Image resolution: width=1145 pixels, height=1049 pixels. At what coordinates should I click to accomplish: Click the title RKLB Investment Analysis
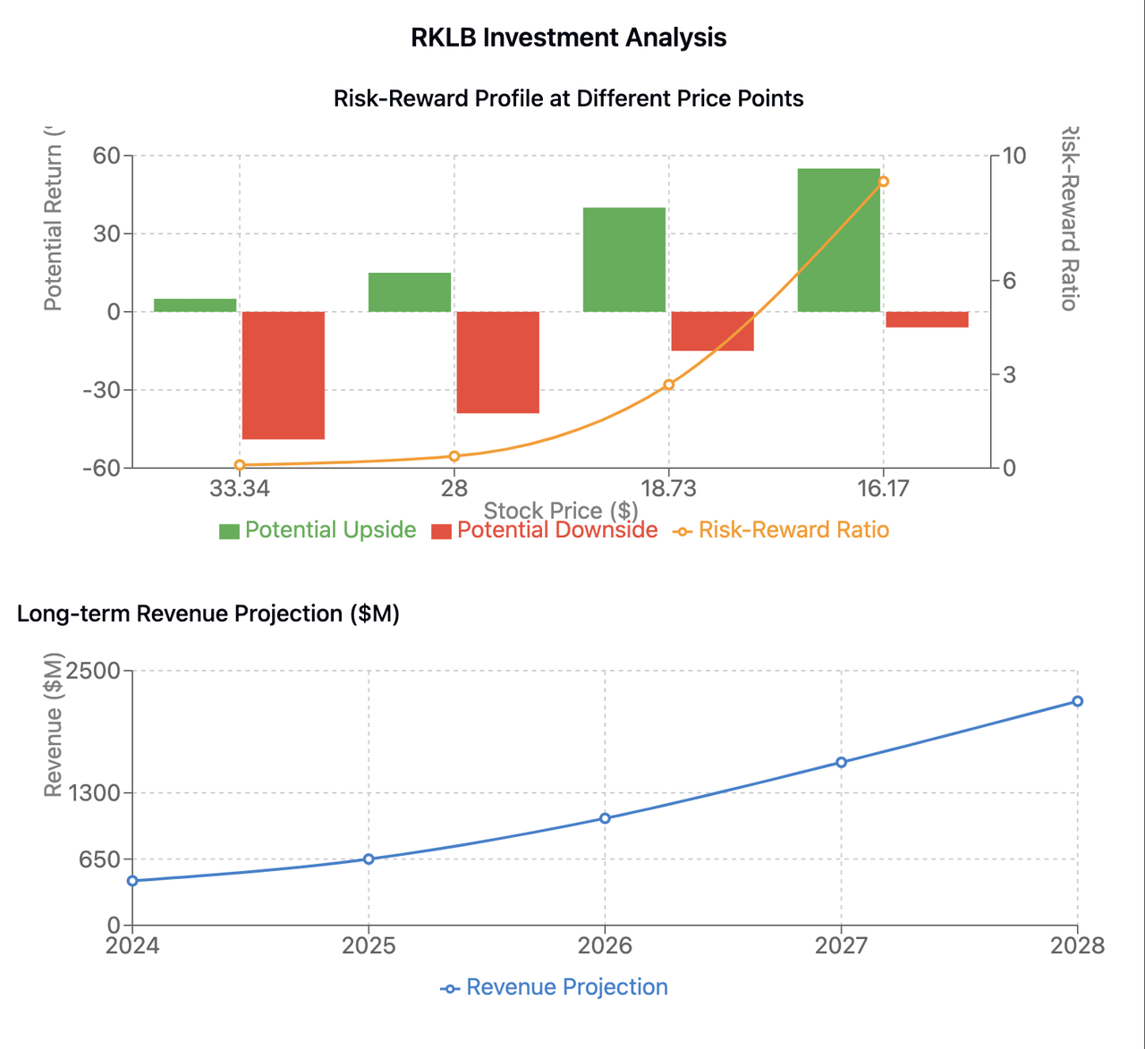pos(568,38)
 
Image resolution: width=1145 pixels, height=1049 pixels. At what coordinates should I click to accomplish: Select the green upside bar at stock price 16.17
pos(838,240)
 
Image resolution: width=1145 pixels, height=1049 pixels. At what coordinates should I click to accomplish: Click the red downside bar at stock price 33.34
pos(284,376)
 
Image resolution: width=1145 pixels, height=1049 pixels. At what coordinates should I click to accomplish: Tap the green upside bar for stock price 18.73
pos(624,259)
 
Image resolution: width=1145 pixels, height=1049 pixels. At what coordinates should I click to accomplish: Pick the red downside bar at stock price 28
pos(498,362)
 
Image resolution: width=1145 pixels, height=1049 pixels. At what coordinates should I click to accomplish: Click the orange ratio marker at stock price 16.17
pos(883,182)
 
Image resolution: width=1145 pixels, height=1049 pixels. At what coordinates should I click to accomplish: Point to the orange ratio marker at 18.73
pos(668,385)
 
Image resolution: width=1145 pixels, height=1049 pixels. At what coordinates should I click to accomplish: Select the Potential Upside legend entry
pos(318,530)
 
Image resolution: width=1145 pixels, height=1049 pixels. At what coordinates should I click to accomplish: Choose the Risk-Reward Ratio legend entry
pos(781,530)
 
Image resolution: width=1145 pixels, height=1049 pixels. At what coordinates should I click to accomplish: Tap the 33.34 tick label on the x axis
pos(239,488)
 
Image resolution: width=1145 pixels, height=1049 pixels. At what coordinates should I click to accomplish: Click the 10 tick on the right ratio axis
pos(1014,156)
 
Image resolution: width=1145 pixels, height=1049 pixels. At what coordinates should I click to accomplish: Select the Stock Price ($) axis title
pos(561,511)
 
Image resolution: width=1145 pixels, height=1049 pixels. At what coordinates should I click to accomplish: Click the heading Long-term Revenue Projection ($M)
pos(208,613)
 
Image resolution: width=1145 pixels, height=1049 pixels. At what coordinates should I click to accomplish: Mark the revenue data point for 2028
pos(1077,701)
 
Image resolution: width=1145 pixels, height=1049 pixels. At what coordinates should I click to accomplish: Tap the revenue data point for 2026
pos(605,818)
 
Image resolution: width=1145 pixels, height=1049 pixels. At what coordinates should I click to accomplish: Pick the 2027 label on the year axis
pos(841,945)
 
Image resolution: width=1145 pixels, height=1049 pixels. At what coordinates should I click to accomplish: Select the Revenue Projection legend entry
pos(555,987)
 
